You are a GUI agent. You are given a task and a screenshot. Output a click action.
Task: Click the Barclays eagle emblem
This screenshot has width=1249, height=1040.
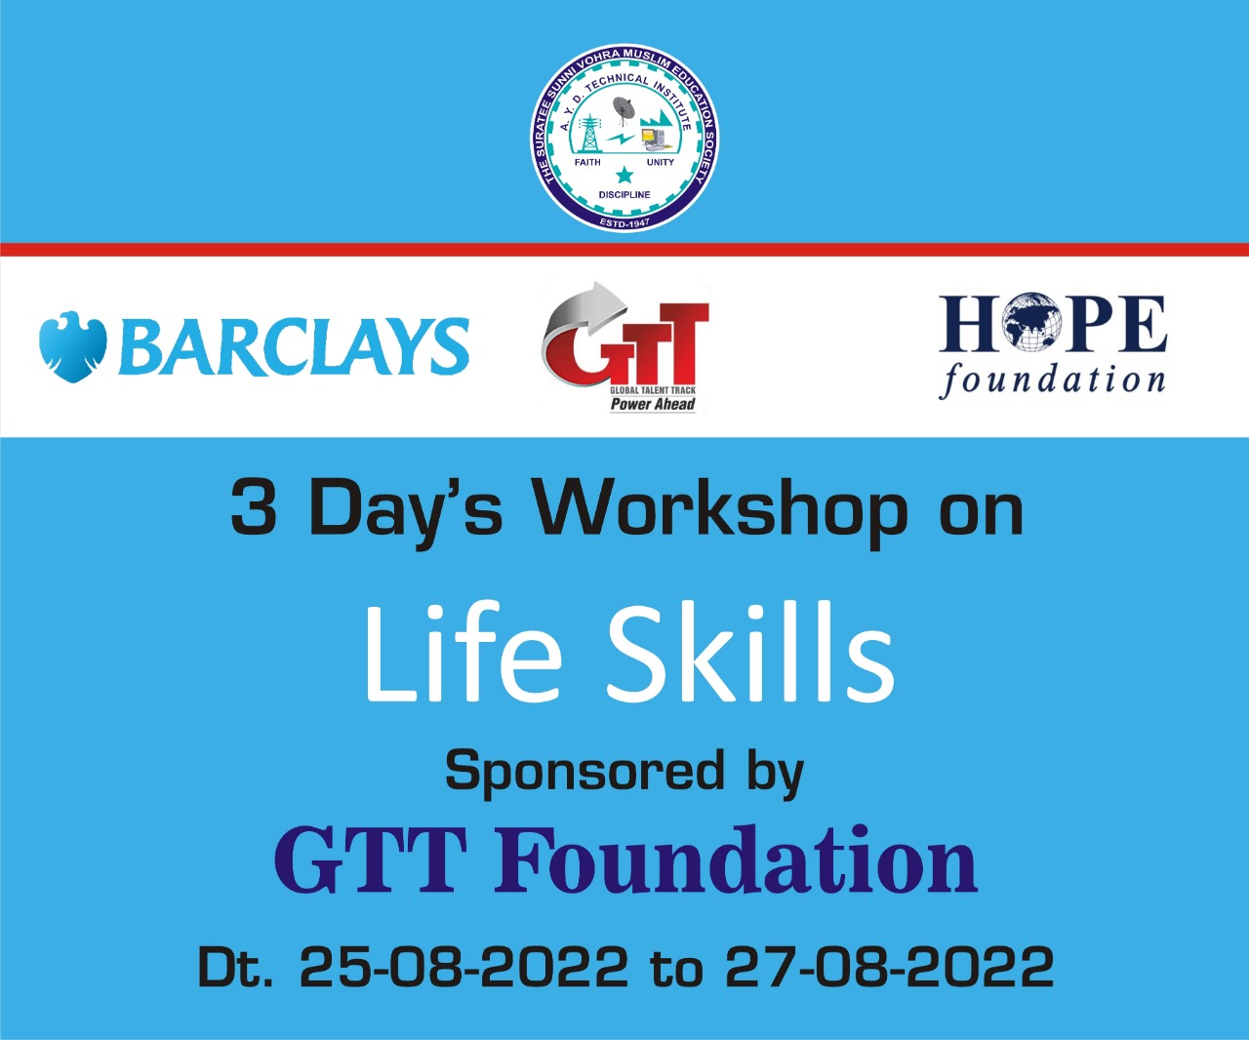pos(72,347)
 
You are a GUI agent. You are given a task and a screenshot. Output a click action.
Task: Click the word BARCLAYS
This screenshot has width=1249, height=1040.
pos(294,346)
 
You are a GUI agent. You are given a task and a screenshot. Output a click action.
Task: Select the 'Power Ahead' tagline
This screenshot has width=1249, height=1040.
pos(653,405)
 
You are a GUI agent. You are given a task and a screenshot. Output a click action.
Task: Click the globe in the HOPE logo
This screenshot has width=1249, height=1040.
pos(1033,322)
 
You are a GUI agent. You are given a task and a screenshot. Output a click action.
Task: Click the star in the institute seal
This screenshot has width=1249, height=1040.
pos(624,176)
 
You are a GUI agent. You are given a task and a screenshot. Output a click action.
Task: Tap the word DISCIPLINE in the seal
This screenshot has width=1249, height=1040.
pos(624,195)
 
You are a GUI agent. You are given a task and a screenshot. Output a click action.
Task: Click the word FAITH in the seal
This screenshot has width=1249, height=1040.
pos(587,162)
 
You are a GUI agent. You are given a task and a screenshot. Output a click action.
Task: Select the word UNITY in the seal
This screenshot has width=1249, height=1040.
pos(661,162)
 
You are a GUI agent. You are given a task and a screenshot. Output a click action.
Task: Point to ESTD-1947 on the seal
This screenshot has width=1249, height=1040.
pos(624,223)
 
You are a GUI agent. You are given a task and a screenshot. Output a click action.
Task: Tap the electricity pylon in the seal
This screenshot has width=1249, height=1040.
pos(590,133)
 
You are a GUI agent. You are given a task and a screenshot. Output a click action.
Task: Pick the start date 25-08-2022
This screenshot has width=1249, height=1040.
pos(464,967)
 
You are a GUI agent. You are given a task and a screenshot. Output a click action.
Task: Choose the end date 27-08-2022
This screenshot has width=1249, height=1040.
pos(890,967)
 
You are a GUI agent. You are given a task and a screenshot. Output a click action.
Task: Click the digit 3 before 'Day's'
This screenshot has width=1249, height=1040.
pos(254,507)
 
